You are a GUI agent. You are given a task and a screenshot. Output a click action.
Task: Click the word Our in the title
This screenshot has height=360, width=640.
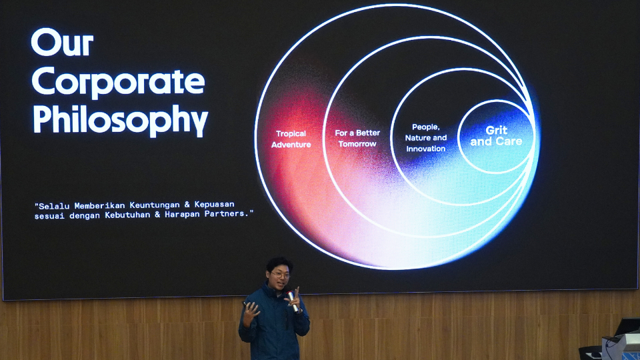62,42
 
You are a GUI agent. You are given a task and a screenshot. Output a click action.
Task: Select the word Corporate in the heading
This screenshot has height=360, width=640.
118,81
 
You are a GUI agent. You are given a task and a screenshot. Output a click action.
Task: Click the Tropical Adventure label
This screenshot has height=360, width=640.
291,139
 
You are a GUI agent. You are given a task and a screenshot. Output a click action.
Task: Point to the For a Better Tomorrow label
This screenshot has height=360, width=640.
357,139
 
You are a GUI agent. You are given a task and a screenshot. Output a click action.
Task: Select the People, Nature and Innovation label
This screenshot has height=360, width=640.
426,138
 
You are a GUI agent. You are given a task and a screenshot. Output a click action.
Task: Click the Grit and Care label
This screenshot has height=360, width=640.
496,136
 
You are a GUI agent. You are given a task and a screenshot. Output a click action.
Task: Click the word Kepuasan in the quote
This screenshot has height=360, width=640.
214,204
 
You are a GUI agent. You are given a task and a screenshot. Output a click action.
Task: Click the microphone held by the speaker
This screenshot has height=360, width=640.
293,301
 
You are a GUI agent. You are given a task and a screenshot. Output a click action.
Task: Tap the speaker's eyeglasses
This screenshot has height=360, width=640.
280,275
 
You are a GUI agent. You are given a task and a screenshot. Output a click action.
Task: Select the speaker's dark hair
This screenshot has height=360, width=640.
279,264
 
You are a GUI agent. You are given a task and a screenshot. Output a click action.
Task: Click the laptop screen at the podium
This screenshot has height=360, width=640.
628,327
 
